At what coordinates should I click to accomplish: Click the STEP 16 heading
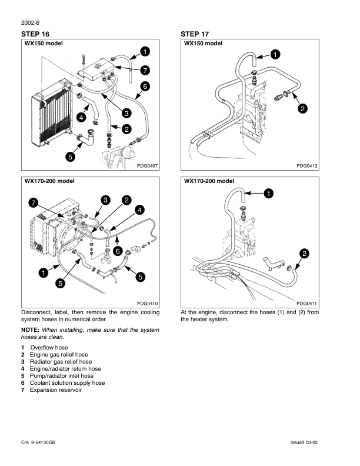click(x=35, y=34)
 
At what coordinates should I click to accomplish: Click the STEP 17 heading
click(x=195, y=34)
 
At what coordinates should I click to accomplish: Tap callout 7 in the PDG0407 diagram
click(x=145, y=71)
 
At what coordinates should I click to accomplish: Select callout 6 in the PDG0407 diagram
click(x=145, y=86)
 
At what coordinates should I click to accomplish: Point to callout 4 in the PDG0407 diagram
click(x=81, y=118)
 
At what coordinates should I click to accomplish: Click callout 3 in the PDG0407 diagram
click(x=126, y=113)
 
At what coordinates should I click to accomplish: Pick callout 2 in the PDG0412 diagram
click(x=303, y=108)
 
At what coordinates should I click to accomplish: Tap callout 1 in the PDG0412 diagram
click(x=275, y=54)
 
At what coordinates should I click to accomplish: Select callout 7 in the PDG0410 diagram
click(x=34, y=203)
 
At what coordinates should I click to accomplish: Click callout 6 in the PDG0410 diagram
click(x=118, y=251)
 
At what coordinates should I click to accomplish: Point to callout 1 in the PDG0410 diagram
click(x=44, y=272)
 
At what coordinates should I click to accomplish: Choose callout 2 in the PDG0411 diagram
click(x=305, y=254)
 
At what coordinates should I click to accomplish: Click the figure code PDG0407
click(x=147, y=166)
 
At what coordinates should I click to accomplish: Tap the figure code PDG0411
click(x=307, y=304)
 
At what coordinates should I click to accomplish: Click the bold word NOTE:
click(x=31, y=330)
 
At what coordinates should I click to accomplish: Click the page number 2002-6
click(x=31, y=23)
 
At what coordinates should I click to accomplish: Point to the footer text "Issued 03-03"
click(x=304, y=442)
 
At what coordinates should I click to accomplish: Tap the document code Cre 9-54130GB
click(x=38, y=442)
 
